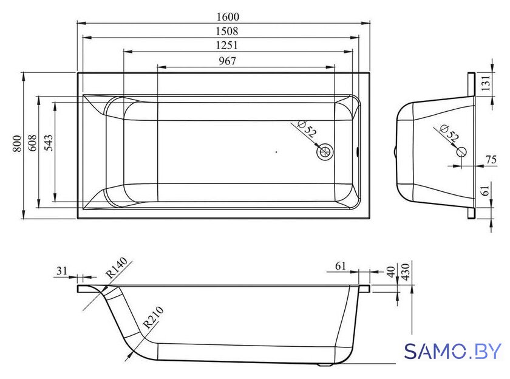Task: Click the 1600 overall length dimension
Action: point(227,16)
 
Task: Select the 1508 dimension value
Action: point(227,31)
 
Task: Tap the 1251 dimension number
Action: point(226,45)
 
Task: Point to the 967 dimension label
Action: point(227,61)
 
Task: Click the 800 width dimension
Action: point(17,143)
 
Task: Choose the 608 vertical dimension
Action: point(33,143)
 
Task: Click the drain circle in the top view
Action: point(325,152)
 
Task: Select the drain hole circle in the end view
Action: point(461,152)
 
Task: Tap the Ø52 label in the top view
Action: point(307,129)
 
